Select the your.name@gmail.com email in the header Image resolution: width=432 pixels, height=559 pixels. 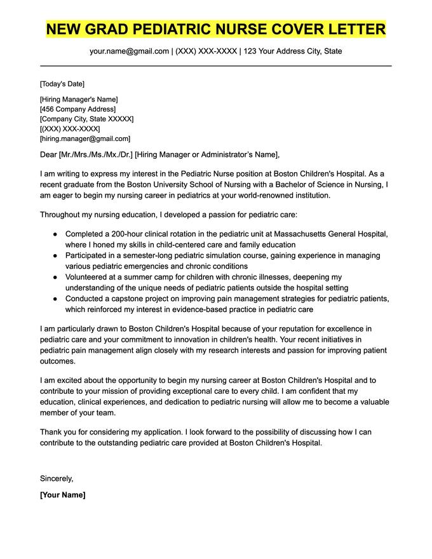[x=130, y=51]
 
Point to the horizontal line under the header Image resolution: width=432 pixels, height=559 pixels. [x=216, y=65]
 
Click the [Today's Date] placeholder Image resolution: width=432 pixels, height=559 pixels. [x=62, y=84]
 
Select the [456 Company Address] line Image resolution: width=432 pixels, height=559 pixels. [x=78, y=109]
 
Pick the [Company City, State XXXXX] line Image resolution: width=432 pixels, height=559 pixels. [x=86, y=119]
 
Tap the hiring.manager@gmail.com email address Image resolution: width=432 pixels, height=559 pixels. [x=85, y=138]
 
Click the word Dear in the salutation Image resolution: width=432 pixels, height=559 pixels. [x=48, y=154]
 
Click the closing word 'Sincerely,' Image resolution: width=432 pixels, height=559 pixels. [x=57, y=478]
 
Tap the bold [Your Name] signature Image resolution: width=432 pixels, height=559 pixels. [x=62, y=495]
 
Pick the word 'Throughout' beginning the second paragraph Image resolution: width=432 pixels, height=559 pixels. [x=62, y=215]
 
